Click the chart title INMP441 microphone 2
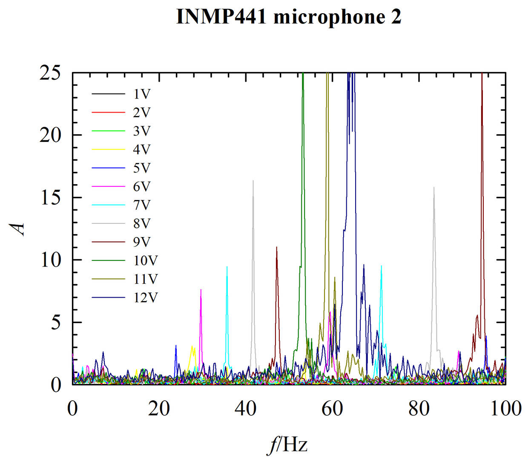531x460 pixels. pyautogui.click(x=289, y=17)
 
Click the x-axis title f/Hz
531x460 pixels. pyautogui.click(x=288, y=445)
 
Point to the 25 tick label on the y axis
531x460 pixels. pyautogui.click(x=51, y=73)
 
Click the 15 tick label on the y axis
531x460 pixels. pyautogui.click(x=51, y=198)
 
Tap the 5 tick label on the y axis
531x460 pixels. pyautogui.click(x=56, y=323)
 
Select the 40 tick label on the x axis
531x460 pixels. pyautogui.click(x=246, y=408)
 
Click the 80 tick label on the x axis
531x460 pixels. pyautogui.click(x=419, y=408)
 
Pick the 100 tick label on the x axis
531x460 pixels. pyautogui.click(x=505, y=408)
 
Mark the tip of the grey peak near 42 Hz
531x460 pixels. pyautogui.click(x=253, y=181)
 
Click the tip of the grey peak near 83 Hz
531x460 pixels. pyautogui.click(x=434, y=187)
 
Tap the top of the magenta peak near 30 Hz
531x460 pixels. pyautogui.click(x=201, y=289)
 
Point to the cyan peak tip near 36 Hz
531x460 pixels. pyautogui.click(x=227, y=266)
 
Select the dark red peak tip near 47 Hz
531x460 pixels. pyautogui.click(x=277, y=247)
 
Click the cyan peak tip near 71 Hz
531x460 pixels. pyautogui.click(x=381, y=266)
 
